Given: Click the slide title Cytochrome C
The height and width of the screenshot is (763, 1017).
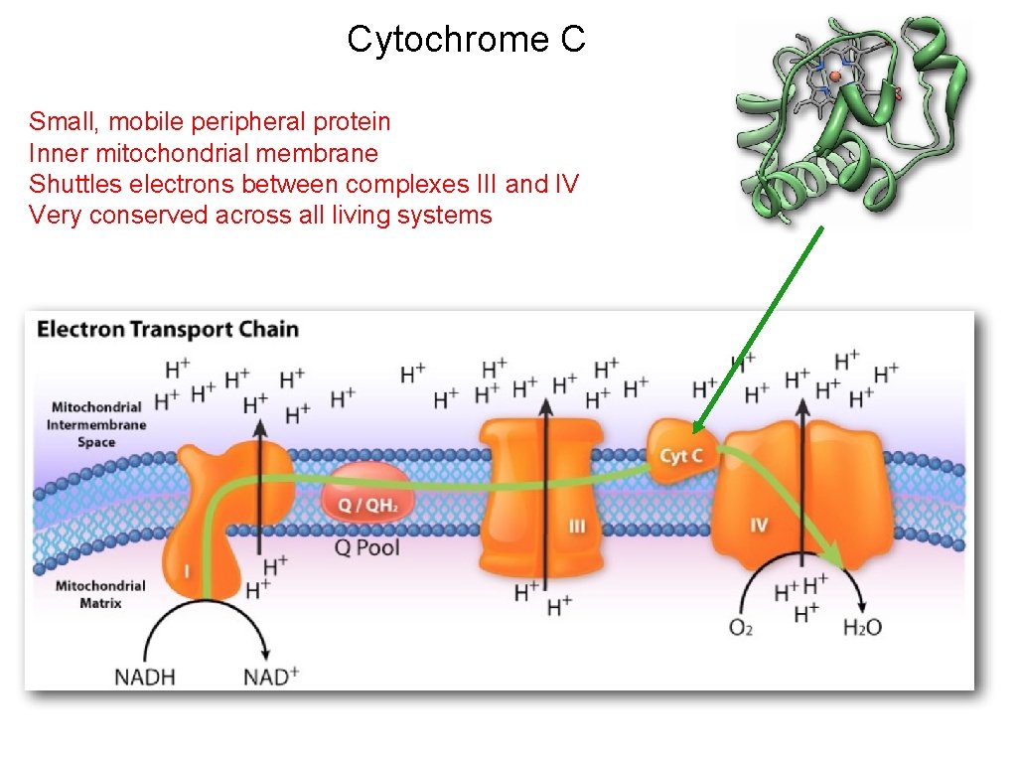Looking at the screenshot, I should click(x=466, y=40).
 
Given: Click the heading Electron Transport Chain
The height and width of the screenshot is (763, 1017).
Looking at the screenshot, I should click(x=168, y=330).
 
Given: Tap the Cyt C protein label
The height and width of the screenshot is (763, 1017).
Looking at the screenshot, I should click(x=681, y=456).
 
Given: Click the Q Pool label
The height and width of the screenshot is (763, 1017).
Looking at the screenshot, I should click(x=366, y=547).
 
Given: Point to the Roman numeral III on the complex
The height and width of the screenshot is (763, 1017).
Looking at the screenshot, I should click(x=577, y=526).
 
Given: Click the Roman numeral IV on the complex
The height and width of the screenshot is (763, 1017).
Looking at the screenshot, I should click(x=759, y=525).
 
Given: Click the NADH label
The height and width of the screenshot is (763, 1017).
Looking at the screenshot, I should click(x=145, y=678).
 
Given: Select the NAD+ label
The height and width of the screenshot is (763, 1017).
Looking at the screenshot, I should click(x=271, y=677).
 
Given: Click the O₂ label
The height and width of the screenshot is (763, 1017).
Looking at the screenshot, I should click(x=741, y=627).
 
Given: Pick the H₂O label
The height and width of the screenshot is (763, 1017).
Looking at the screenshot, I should click(x=862, y=627).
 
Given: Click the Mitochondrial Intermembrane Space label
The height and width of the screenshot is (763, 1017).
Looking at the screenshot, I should click(x=97, y=424).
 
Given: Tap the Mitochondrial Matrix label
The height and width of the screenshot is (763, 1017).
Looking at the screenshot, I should click(x=100, y=594).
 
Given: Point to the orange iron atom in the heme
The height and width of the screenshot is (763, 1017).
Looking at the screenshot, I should click(x=835, y=76).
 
